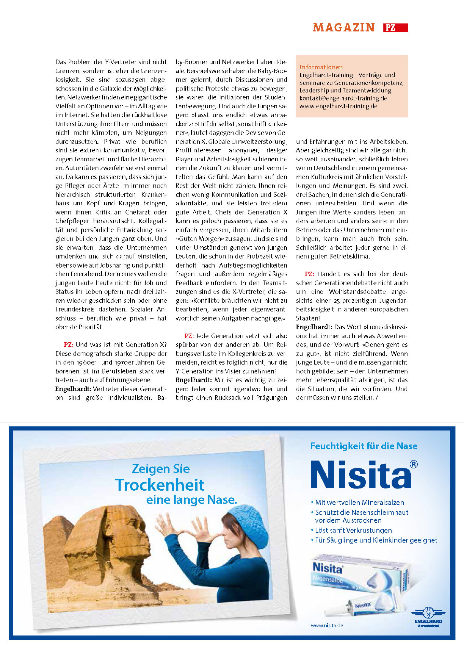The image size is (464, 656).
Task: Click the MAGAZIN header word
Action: (344, 28)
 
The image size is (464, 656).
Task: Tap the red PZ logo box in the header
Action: (395, 28)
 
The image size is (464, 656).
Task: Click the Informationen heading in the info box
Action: (321, 67)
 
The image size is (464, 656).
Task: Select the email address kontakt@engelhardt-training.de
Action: (343, 98)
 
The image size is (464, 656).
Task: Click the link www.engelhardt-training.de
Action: (338, 106)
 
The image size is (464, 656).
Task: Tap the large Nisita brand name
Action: (361, 475)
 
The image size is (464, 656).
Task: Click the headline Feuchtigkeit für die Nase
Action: (364, 446)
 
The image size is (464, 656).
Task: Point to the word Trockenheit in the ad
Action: (160, 485)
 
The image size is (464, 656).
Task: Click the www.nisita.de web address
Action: (327, 626)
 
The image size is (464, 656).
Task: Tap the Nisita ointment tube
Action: (362, 606)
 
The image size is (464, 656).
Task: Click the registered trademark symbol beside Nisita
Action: (414, 464)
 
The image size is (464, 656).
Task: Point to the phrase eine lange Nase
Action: (191, 500)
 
